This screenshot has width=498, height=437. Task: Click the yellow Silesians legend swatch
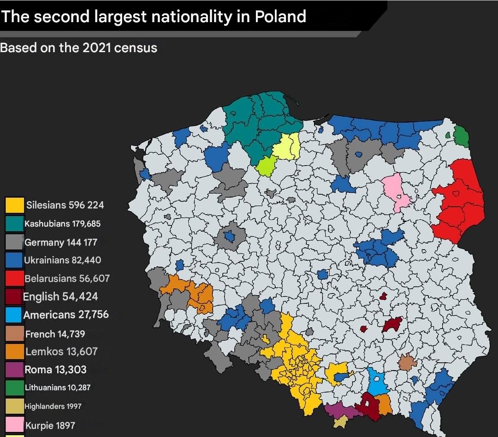(x=14, y=205)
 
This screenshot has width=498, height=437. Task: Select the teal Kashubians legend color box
(x=14, y=223)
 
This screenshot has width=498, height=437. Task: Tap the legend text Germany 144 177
(x=60, y=242)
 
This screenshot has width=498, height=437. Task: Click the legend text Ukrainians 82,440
(x=62, y=260)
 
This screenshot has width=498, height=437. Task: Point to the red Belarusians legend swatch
(x=14, y=278)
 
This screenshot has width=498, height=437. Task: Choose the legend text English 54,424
(x=60, y=297)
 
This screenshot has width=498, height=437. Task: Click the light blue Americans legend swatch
(x=14, y=315)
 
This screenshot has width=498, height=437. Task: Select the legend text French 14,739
(x=55, y=334)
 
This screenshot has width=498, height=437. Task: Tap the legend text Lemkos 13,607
(x=61, y=352)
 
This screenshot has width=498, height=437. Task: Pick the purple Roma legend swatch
(x=14, y=370)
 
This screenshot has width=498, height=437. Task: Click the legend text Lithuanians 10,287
(x=57, y=388)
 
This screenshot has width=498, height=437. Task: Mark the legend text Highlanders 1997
(x=53, y=406)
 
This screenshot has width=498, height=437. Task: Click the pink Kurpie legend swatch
(x=14, y=425)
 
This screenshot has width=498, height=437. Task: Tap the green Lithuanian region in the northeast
(x=461, y=136)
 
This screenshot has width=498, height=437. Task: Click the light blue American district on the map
(x=377, y=383)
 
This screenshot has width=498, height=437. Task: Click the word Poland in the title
(x=280, y=17)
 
